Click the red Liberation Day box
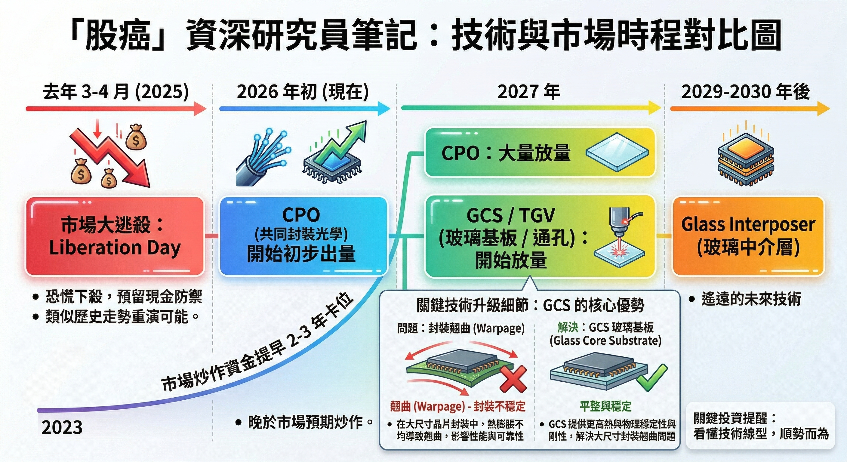click(x=115, y=236)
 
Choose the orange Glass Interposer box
click(x=748, y=236)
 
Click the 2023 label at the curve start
click(x=62, y=427)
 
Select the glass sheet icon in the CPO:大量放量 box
click(x=617, y=152)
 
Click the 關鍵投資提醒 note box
click(x=760, y=426)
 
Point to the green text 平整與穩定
click(x=605, y=406)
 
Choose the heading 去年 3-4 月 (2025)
click(x=116, y=92)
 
